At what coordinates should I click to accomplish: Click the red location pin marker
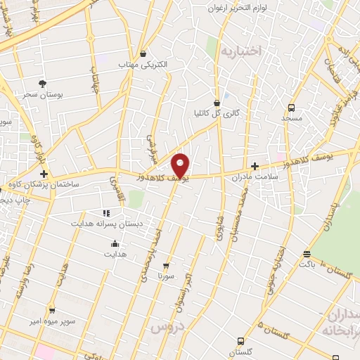pos(181,165)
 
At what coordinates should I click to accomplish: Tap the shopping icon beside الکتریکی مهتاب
pos(143,53)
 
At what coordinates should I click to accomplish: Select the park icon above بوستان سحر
pos(41,83)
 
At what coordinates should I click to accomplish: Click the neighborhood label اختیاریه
pos(240,51)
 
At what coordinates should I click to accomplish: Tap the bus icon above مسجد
pos(291,108)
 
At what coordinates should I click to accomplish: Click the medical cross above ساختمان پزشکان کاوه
pos(44,173)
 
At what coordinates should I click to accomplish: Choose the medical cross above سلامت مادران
pos(255,165)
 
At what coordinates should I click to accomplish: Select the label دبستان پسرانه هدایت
pos(106,224)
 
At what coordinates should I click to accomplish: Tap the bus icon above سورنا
pos(166,266)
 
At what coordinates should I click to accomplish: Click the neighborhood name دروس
pos(167,328)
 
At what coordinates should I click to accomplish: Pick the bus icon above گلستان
pos(241,339)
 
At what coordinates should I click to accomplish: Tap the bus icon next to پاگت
pos(306,254)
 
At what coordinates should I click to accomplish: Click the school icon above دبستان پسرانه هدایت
pos(106,212)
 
